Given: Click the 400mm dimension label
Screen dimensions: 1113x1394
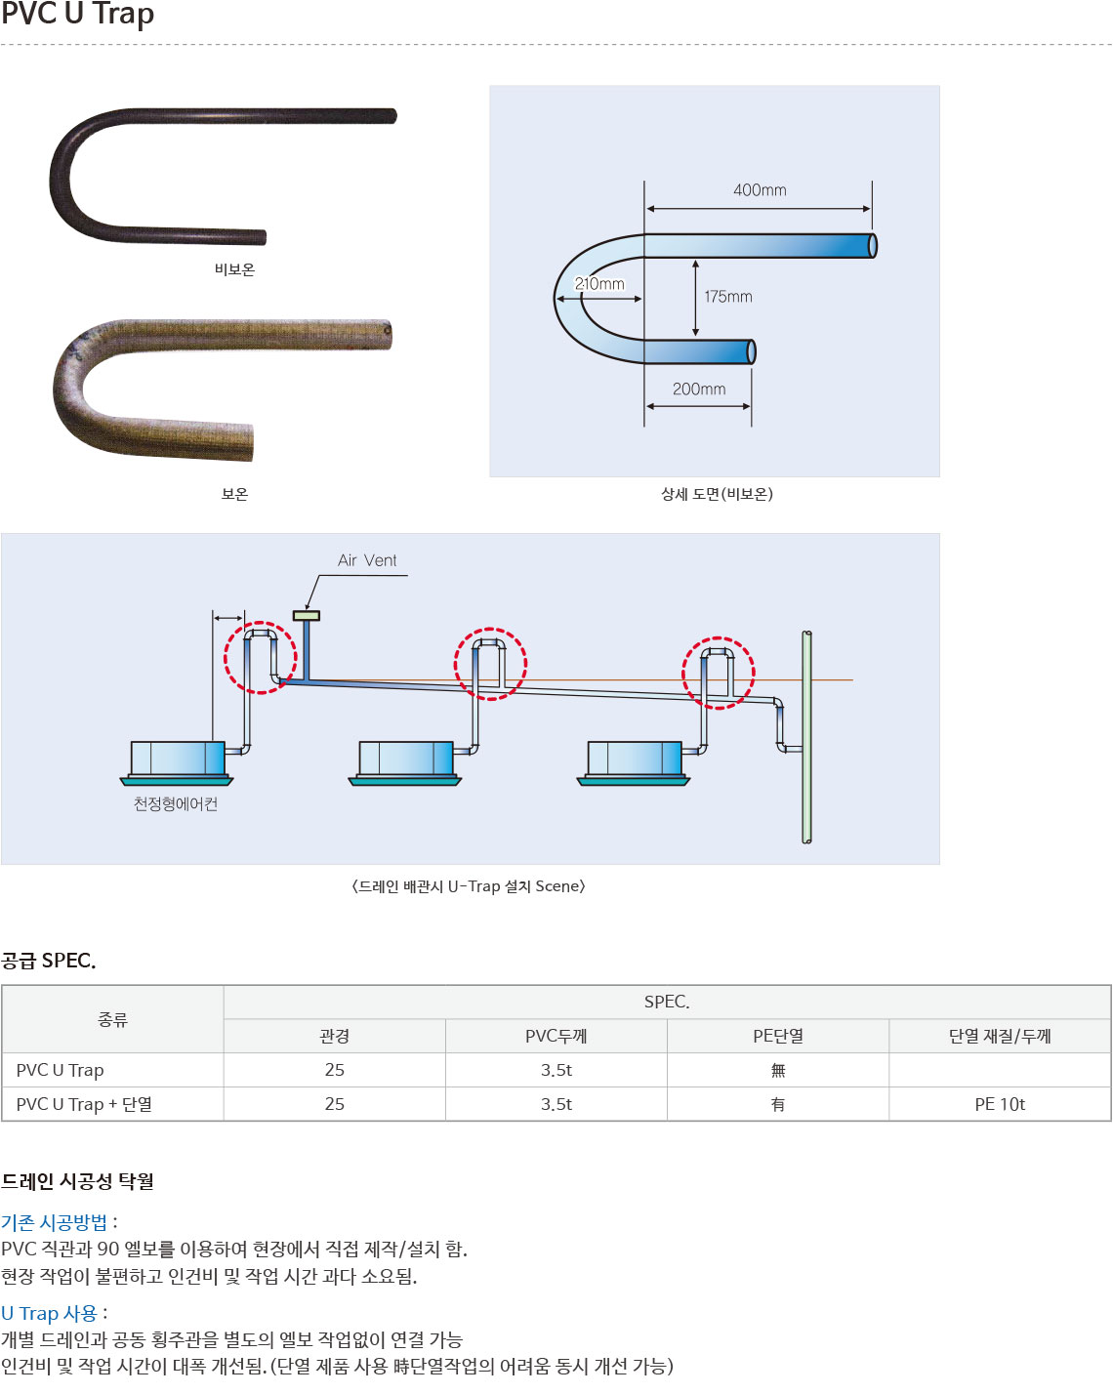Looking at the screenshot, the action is [x=760, y=189].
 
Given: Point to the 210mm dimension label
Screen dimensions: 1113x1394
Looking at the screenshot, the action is [x=599, y=284].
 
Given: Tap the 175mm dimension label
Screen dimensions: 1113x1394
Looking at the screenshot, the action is [x=728, y=297].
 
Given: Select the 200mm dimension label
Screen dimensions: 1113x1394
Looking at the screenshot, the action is [x=698, y=389].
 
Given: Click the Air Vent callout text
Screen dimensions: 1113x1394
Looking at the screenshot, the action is [x=367, y=560].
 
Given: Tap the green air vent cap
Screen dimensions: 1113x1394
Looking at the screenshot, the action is [x=307, y=615].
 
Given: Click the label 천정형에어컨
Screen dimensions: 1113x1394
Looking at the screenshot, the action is [x=176, y=803].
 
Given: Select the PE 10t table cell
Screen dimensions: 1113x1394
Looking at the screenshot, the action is [x=1000, y=1104].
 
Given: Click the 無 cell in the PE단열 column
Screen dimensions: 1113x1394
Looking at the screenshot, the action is [x=778, y=1070].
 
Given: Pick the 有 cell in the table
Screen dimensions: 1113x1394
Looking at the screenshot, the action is [x=778, y=1104].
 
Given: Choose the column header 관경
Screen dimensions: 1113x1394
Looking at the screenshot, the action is [x=334, y=1036].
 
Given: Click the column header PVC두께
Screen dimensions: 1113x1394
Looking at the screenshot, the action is [x=556, y=1036].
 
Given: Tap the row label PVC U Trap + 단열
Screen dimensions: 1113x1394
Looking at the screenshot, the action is [x=84, y=1104].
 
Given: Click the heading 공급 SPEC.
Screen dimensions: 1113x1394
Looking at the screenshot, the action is [x=49, y=960].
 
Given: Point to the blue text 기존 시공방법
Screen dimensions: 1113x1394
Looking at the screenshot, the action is [x=55, y=1222].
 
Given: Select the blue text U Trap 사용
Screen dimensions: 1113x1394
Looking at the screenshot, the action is [x=49, y=1313].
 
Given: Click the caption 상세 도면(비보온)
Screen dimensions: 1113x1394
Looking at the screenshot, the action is [x=717, y=494].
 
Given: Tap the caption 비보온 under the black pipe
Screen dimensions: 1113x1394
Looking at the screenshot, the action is [x=234, y=269].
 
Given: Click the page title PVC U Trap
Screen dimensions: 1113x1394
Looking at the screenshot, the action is [x=78, y=15].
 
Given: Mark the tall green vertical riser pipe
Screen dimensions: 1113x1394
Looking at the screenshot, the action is [x=806, y=737].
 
